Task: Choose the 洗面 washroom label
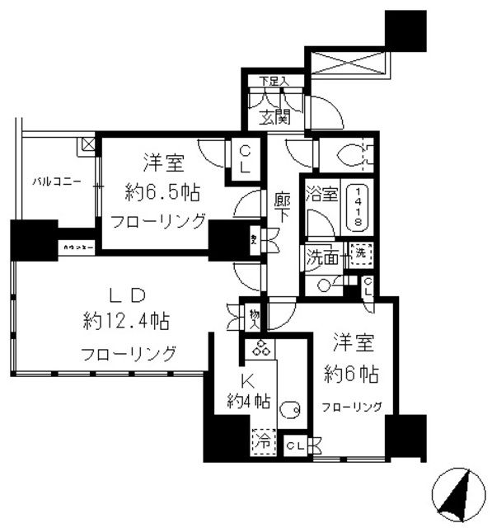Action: click(x=322, y=257)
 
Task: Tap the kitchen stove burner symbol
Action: click(x=261, y=350)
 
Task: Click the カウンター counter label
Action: click(x=77, y=246)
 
